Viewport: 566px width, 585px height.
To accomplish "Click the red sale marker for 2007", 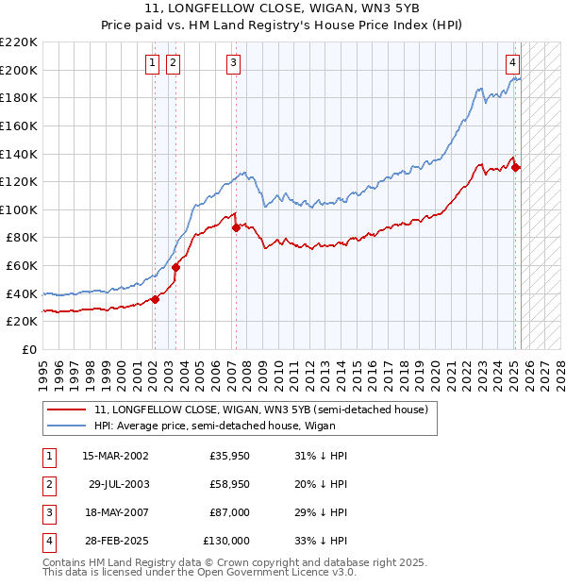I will pyautogui.click(x=235, y=226).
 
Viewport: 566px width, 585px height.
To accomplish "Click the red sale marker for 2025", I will pyautogui.click(x=516, y=167).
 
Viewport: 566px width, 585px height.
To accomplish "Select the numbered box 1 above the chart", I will pyautogui.click(x=153, y=63).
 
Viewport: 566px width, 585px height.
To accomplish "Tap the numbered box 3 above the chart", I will pyautogui.click(x=233, y=63).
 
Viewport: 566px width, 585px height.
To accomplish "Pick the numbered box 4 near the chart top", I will pyautogui.click(x=512, y=63).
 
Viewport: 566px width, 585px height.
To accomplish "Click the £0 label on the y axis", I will pyautogui.click(x=28, y=349).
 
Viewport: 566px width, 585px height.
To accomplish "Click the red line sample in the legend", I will pyautogui.click(x=67, y=410).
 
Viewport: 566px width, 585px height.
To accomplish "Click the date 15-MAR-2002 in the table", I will pyautogui.click(x=115, y=456).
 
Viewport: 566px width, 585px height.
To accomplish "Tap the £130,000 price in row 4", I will pyautogui.click(x=226, y=541).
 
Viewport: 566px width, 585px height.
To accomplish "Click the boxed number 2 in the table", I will pyautogui.click(x=48, y=484).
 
